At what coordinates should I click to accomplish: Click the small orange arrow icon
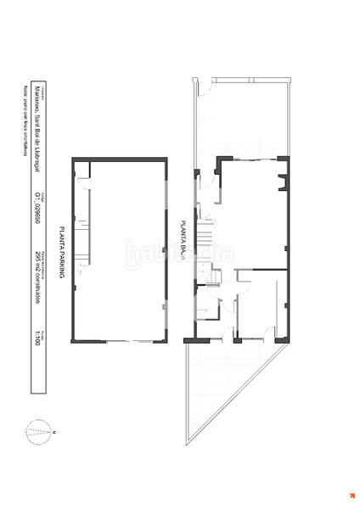tap(350, 496)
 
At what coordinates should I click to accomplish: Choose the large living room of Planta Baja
tap(250, 212)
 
